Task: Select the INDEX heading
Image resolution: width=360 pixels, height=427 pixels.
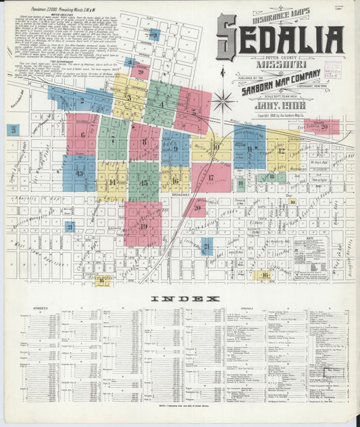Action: tap(184, 298)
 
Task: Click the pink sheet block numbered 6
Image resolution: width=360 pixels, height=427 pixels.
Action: tap(83, 134)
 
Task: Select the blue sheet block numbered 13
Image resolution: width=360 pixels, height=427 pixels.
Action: tap(79, 174)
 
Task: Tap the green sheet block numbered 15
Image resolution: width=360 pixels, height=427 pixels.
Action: tap(143, 182)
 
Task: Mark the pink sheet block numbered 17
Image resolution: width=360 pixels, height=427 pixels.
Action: tap(211, 178)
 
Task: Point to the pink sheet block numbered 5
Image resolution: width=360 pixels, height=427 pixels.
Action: tap(193, 112)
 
